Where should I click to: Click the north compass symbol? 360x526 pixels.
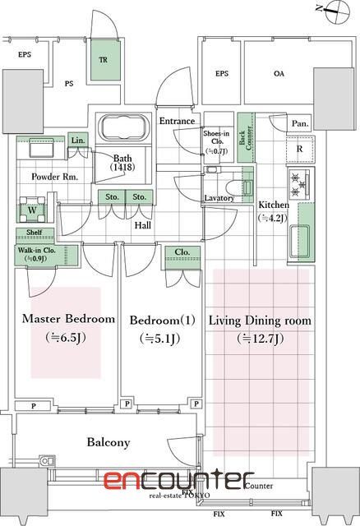pos(337,12)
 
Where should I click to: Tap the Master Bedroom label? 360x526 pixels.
pos(68,319)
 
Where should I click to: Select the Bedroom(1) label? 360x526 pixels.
pos(163,320)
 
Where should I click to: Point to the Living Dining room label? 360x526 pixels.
pos(260,321)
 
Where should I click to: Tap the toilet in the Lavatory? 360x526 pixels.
pos(239,187)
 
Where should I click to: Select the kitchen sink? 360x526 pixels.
pos(300,241)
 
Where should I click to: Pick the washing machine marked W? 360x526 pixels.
pos(32,210)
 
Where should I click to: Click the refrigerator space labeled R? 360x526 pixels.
pos(301,149)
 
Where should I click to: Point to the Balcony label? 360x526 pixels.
pos(108,442)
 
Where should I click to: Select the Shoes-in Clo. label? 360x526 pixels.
pos(216,137)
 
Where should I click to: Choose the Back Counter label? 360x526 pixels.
pos(246,137)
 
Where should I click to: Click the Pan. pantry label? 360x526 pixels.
pos(300,124)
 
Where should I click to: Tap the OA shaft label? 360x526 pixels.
pos(279,73)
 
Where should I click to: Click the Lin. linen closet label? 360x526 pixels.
pos(78,141)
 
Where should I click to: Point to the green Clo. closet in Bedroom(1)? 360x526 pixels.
pos(182,257)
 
